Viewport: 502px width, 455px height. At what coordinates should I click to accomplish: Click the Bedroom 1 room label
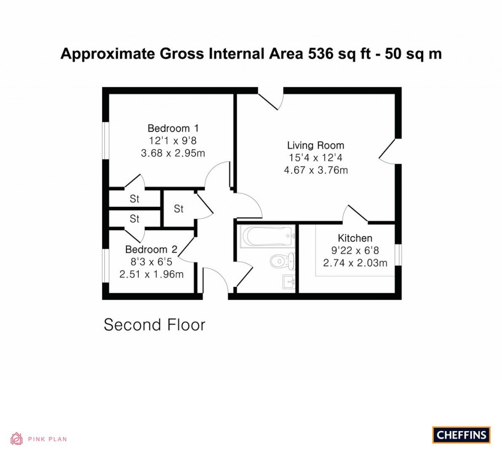[x=173, y=128]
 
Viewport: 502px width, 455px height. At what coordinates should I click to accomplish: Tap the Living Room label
[x=316, y=145]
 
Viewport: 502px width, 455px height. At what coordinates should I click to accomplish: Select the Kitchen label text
[x=355, y=238]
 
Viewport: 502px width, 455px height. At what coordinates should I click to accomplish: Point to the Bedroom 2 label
[x=151, y=250]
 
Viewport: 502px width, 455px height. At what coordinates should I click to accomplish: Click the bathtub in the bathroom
[x=268, y=236]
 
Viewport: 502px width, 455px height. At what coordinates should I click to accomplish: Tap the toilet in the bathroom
[x=282, y=261]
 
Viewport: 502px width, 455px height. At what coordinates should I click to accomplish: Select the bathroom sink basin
[x=289, y=282]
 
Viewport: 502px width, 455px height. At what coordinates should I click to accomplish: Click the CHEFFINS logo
[x=461, y=435]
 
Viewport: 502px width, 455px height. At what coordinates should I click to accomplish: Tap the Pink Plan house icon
[x=17, y=439]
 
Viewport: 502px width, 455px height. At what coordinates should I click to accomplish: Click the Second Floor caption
[x=154, y=325]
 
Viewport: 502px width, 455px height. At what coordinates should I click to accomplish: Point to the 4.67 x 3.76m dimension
[x=316, y=170]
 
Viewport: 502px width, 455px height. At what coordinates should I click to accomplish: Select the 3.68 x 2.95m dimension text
[x=173, y=153]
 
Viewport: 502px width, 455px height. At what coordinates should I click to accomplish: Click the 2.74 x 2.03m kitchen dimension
[x=355, y=263]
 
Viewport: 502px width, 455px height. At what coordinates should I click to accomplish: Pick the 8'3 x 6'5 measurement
[x=151, y=262]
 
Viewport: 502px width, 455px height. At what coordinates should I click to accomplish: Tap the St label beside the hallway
[x=178, y=209]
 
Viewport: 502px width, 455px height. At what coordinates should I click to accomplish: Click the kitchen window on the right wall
[x=398, y=255]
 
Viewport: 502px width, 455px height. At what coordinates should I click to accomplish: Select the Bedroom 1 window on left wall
[x=106, y=140]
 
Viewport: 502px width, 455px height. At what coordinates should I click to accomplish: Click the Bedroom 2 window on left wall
[x=106, y=265]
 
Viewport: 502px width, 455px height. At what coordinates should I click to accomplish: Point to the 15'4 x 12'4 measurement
[x=316, y=158]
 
